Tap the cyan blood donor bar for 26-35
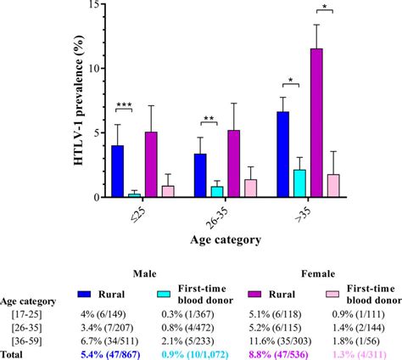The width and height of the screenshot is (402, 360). coord(218,192)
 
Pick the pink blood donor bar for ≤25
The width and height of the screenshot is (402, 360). coord(168,192)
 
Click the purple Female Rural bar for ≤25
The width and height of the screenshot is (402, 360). coord(151,165)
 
